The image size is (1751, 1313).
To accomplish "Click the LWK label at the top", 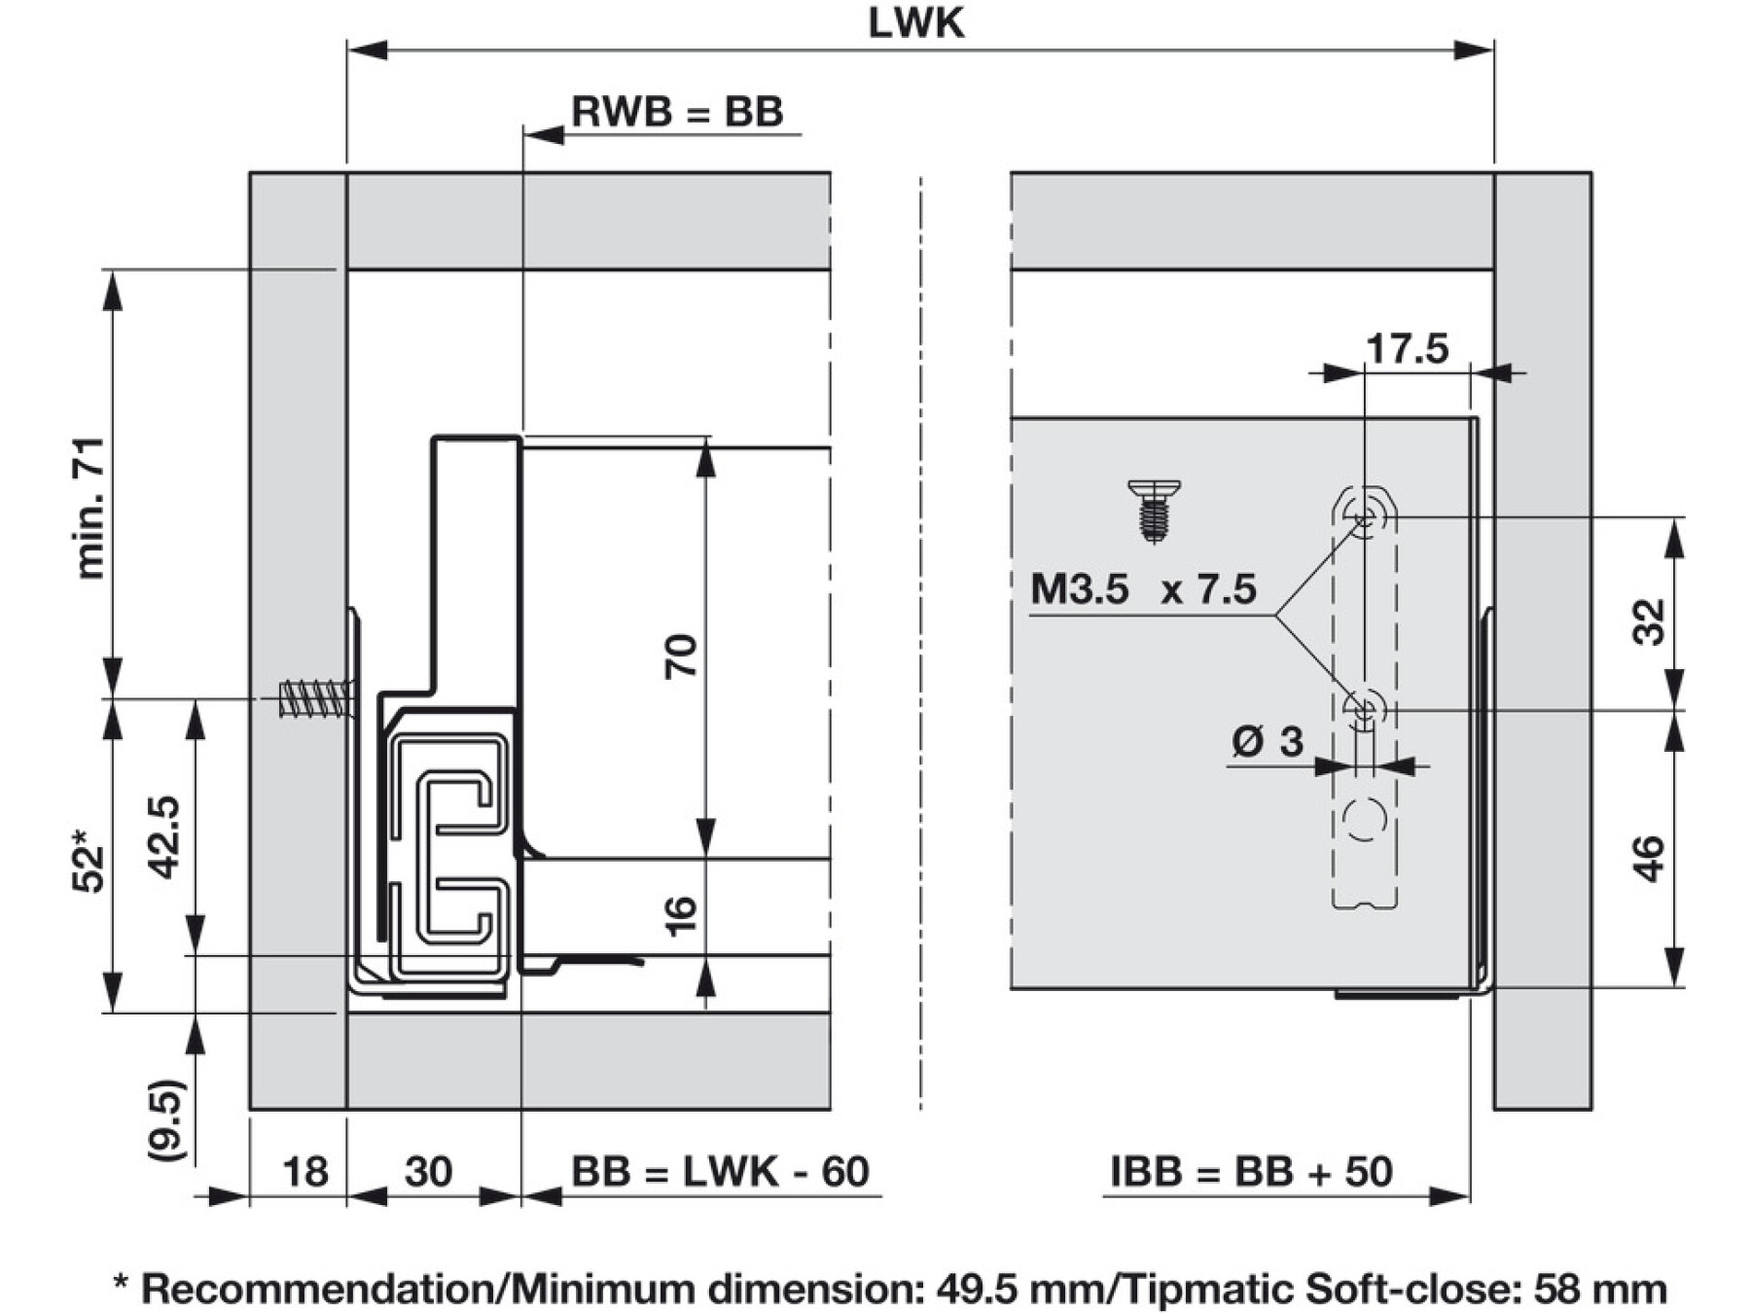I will tap(915, 23).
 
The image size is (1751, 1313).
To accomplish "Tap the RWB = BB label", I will tap(677, 112).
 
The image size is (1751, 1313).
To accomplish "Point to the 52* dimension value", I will tap(88, 860).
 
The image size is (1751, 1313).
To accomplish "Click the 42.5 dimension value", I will tap(164, 836).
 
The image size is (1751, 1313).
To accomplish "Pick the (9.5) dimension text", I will tap(165, 1118).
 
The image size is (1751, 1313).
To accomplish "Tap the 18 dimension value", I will tap(304, 1172).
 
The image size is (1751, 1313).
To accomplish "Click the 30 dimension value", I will tap(428, 1172).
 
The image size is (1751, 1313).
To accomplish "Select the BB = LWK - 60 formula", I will tap(720, 1172).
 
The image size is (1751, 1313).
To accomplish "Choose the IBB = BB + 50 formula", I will tap(1251, 1172).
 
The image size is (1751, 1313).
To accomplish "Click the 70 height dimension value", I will tap(681, 656).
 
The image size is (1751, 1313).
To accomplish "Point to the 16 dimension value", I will tap(681, 914).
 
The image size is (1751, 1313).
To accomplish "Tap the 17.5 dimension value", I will tap(1407, 348).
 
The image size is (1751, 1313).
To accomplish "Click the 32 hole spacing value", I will tap(1649, 622).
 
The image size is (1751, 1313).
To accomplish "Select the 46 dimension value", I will tap(1649, 858).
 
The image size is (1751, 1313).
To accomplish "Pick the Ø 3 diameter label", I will tap(1267, 742).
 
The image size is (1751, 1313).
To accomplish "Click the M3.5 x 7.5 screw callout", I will tap(1143, 589).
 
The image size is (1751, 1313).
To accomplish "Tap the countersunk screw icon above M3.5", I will tap(1154, 509).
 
